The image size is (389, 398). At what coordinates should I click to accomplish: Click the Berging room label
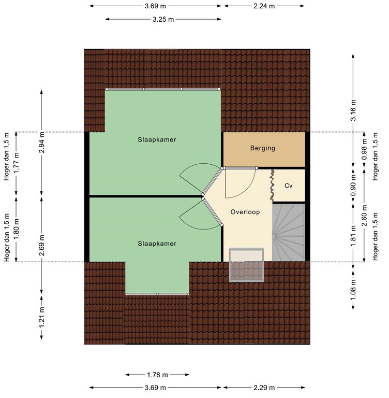263,148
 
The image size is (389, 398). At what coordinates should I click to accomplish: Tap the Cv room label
289,186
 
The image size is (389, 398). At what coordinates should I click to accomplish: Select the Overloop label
245,212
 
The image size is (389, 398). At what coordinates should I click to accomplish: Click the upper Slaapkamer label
157,139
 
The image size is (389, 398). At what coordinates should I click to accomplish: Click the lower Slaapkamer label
157,244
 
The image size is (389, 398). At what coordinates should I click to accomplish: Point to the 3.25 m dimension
163,19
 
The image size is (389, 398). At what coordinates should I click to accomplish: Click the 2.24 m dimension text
264,6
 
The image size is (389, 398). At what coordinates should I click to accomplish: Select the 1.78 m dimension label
157,375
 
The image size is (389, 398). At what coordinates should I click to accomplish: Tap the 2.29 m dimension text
264,388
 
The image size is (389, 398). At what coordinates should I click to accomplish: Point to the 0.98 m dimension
364,149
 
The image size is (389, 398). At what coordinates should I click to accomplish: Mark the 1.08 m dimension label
353,290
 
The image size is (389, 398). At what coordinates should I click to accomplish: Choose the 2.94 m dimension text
41,143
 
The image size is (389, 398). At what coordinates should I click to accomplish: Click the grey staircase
289,233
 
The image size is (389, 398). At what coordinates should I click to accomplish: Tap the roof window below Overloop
246,265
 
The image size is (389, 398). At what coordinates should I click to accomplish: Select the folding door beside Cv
272,185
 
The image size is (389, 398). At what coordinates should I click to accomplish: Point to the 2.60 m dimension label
364,216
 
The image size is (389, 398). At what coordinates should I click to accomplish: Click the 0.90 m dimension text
353,186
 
